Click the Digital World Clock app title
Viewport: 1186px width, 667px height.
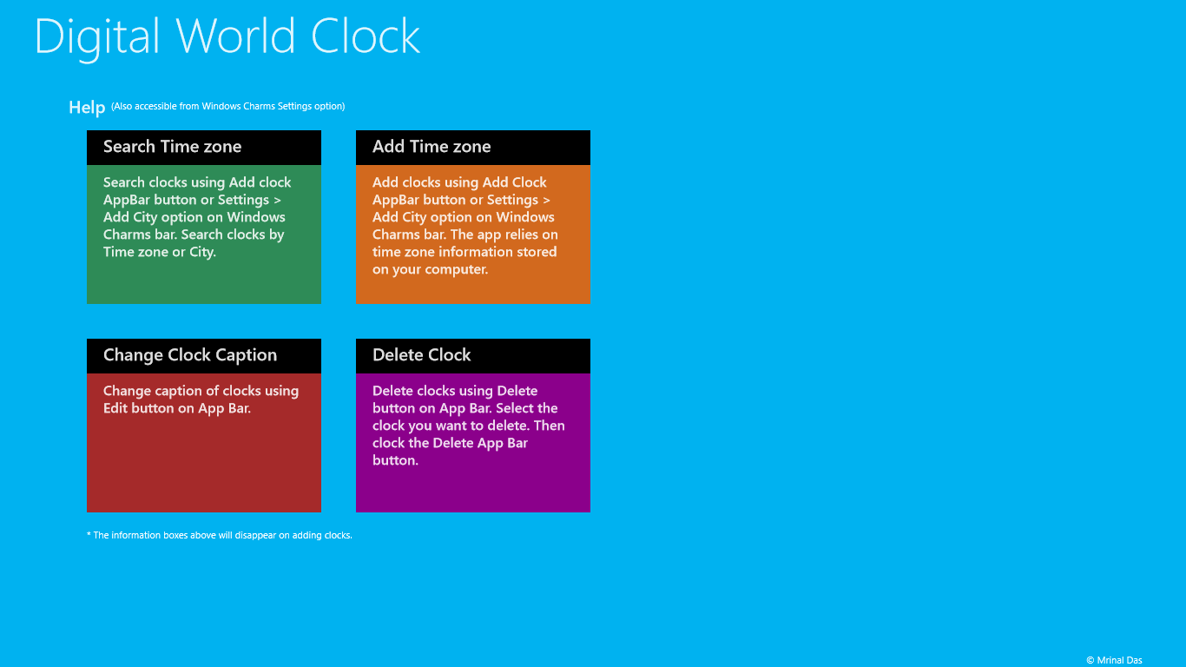(227, 37)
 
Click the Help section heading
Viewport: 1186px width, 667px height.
(87, 108)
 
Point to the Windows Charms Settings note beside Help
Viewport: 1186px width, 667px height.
(228, 107)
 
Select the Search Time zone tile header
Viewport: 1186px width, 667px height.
(204, 147)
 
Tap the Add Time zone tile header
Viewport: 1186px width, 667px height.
(473, 147)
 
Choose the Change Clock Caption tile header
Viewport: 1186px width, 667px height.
(204, 355)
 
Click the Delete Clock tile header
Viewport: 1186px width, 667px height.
(473, 355)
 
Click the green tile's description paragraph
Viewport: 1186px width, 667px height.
(197, 217)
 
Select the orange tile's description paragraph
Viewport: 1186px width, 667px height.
(465, 226)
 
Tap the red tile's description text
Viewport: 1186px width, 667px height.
(201, 400)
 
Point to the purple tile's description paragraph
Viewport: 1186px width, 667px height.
(468, 426)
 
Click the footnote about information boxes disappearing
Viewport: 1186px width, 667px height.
(220, 536)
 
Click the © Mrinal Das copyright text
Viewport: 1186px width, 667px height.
(1114, 660)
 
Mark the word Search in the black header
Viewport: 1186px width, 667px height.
(128, 147)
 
